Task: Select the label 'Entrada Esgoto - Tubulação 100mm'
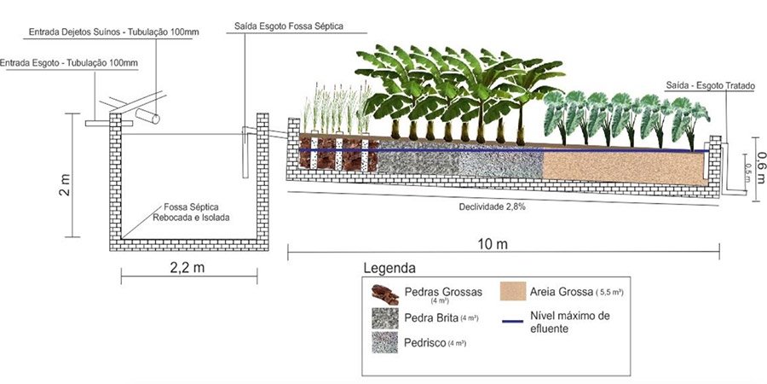pyautogui.click(x=68, y=63)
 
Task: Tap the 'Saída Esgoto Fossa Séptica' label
pyautogui.click(x=288, y=27)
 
